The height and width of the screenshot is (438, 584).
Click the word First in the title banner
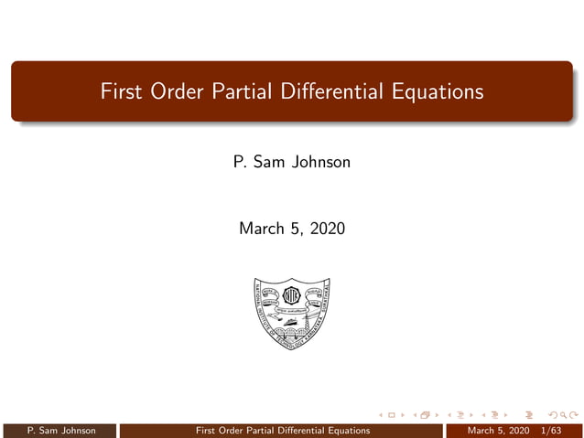pos(123,92)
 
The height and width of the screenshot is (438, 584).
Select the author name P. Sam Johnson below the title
pos(292,163)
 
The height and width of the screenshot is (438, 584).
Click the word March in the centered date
pos(263,229)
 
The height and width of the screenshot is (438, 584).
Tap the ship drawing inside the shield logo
pos(289,321)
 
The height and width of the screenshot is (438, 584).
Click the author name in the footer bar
pos(61,431)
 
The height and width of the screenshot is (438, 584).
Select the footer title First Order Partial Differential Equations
pos(284,431)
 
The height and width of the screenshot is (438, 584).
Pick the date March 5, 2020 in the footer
pos(498,431)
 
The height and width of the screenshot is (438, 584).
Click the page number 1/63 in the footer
pos(551,431)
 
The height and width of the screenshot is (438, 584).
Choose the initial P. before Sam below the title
pos(240,163)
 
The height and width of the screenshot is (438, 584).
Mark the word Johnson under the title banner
pos(321,163)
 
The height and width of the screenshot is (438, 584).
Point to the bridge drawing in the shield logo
pos(291,333)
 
